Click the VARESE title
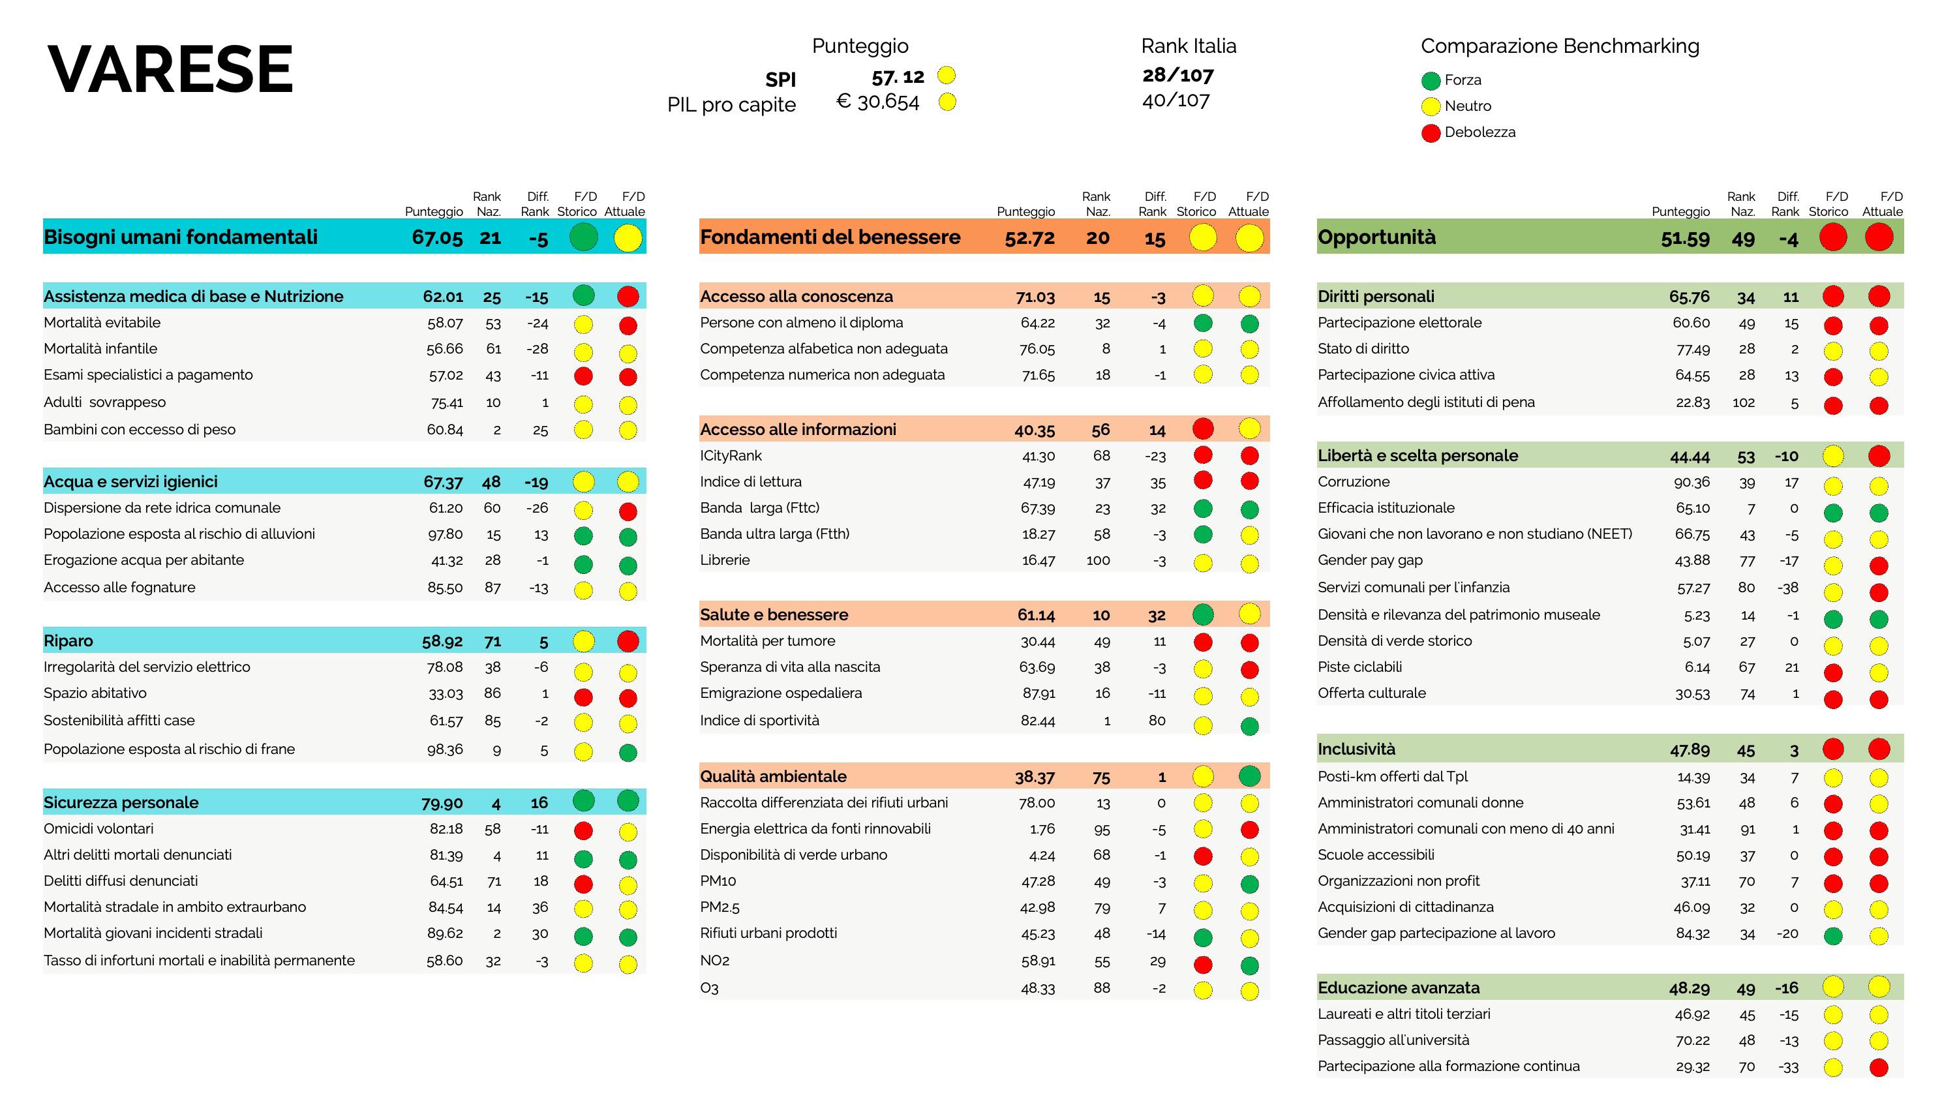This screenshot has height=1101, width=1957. [x=170, y=70]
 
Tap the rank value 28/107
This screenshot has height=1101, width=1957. [x=1177, y=74]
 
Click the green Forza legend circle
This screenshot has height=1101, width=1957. [x=1431, y=80]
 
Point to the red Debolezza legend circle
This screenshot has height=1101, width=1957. [x=1431, y=133]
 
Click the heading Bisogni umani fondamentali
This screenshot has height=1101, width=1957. [x=181, y=237]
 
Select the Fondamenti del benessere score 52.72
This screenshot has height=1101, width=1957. [x=1029, y=238]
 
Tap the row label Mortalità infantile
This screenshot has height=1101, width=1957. [x=100, y=349]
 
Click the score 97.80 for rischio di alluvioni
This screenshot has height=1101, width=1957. [x=444, y=534]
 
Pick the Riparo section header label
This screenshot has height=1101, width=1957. [x=68, y=641]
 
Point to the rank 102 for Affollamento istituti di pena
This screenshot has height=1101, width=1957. [x=1744, y=402]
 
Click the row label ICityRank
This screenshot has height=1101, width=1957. [x=730, y=455]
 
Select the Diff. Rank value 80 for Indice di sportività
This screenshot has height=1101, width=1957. [x=1157, y=720]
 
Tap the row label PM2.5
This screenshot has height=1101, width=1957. [x=720, y=907]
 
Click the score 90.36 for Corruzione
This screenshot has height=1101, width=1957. [x=1692, y=482]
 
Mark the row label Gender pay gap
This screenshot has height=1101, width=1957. [x=1370, y=560]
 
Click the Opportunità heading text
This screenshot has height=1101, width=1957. [x=1376, y=237]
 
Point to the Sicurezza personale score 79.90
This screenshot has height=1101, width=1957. [x=442, y=803]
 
